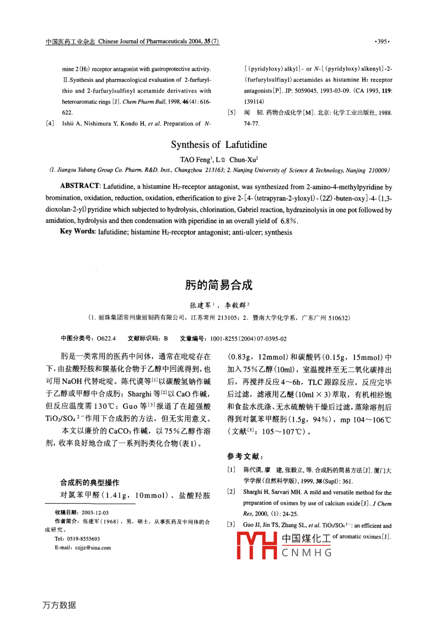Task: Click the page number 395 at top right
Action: tap(383, 42)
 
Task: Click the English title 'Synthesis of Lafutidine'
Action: tap(219, 144)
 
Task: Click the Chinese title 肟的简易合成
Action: tap(219, 285)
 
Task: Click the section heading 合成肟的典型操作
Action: tap(89, 482)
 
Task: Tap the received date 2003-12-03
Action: tap(95, 512)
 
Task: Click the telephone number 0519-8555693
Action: tap(84, 539)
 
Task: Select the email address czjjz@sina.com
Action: tap(93, 548)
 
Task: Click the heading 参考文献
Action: tap(245, 456)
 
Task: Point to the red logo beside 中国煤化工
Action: tap(258, 545)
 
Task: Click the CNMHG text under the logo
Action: tap(307, 552)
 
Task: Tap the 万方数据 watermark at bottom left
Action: tap(59, 605)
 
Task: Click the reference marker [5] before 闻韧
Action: tap(231, 113)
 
